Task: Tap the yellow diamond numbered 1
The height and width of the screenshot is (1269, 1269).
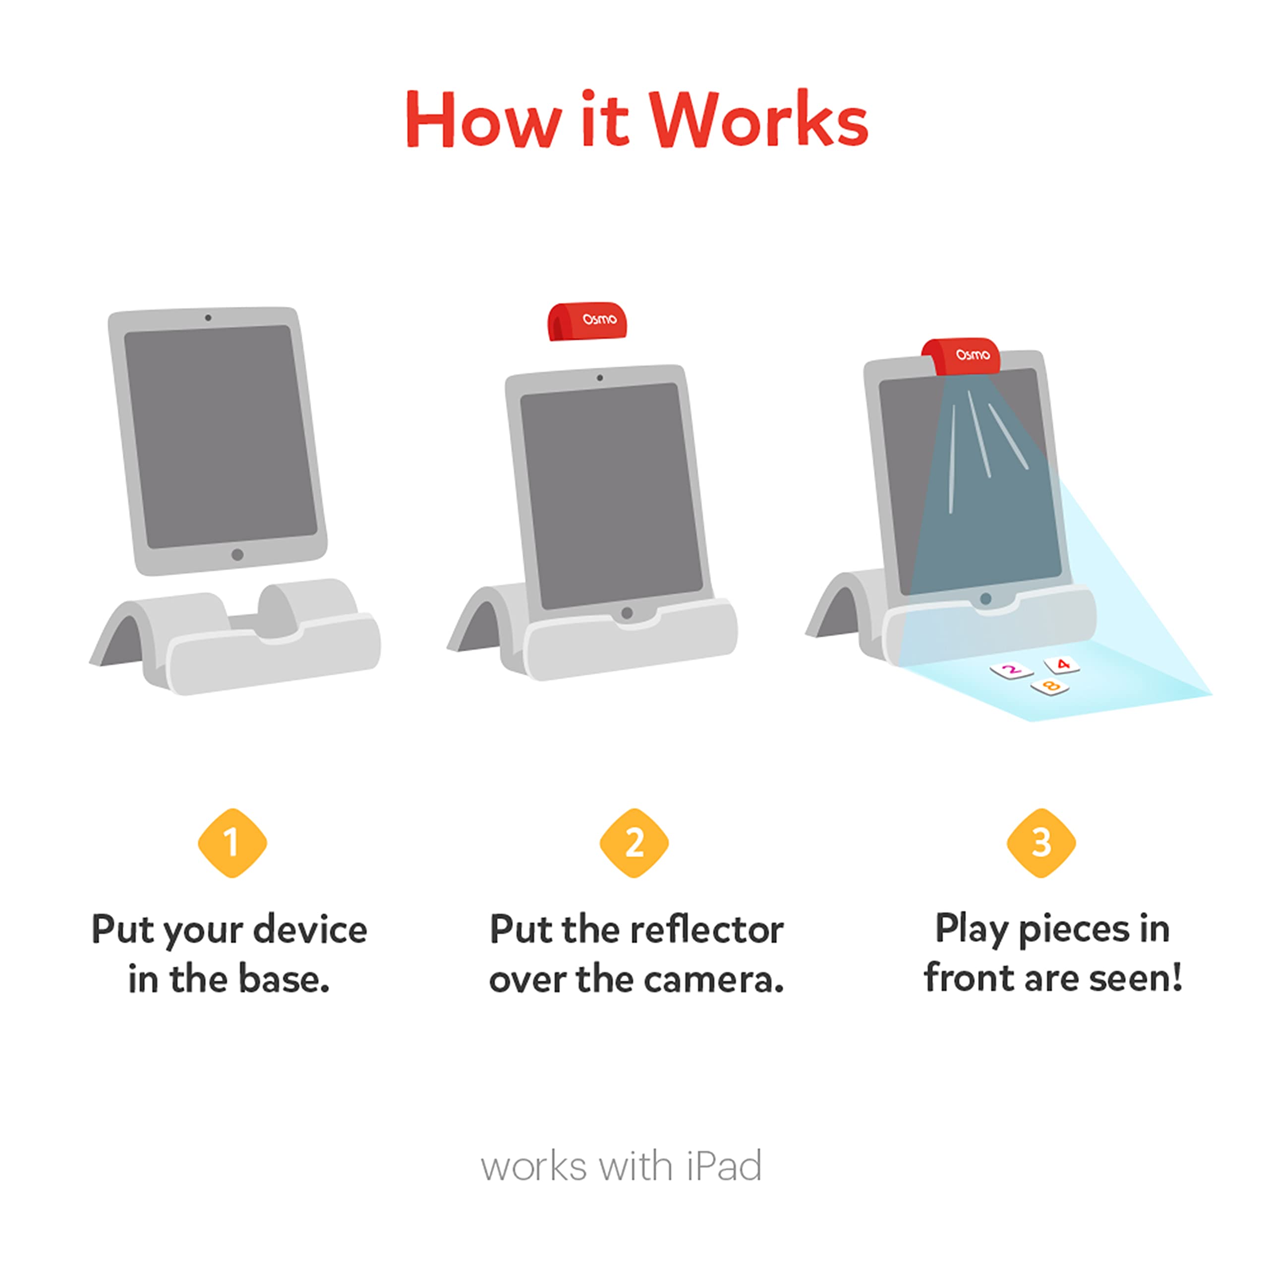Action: pos(232,843)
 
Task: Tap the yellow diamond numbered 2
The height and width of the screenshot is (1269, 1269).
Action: pos(634,843)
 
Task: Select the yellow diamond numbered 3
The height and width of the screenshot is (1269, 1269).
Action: pos(1041,843)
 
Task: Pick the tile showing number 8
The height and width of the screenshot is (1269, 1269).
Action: pos(1049,687)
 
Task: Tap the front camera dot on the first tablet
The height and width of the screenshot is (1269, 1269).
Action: pos(208,318)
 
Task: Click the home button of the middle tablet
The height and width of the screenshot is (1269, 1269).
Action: pos(627,613)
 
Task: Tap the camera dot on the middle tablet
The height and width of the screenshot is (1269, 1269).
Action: pos(600,378)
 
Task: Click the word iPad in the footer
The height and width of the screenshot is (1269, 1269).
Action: pos(724,1167)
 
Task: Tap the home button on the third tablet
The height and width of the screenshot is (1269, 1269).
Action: pos(985,599)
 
